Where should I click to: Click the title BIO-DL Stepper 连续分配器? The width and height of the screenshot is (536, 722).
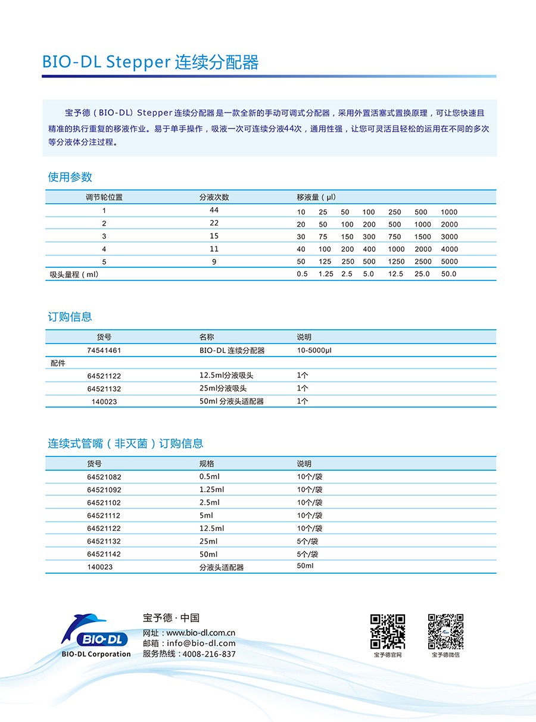coord(150,62)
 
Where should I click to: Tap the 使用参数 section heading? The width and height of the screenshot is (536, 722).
coord(70,177)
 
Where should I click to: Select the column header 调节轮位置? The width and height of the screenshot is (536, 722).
coord(104,197)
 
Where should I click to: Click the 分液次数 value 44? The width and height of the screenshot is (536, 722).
coord(214,211)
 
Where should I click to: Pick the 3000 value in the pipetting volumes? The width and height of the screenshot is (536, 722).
coord(449,237)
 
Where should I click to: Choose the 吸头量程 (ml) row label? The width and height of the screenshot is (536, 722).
coord(74,274)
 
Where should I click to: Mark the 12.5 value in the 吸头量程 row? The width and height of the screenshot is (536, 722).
coord(395,274)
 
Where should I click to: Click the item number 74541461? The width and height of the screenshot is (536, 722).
coord(104,351)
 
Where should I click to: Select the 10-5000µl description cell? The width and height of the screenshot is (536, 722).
coord(314,351)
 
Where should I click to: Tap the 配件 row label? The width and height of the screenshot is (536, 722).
coord(58,363)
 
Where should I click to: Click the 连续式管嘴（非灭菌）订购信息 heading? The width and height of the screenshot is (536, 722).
coord(126,443)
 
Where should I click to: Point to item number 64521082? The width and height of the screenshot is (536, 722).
coord(104,477)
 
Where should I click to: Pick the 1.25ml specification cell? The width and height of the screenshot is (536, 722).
coord(212,490)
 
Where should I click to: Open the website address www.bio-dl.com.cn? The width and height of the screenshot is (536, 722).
coord(201,633)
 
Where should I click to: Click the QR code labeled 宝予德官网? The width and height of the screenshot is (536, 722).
coord(388,631)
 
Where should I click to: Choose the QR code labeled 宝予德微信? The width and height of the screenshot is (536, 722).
coord(445,631)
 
